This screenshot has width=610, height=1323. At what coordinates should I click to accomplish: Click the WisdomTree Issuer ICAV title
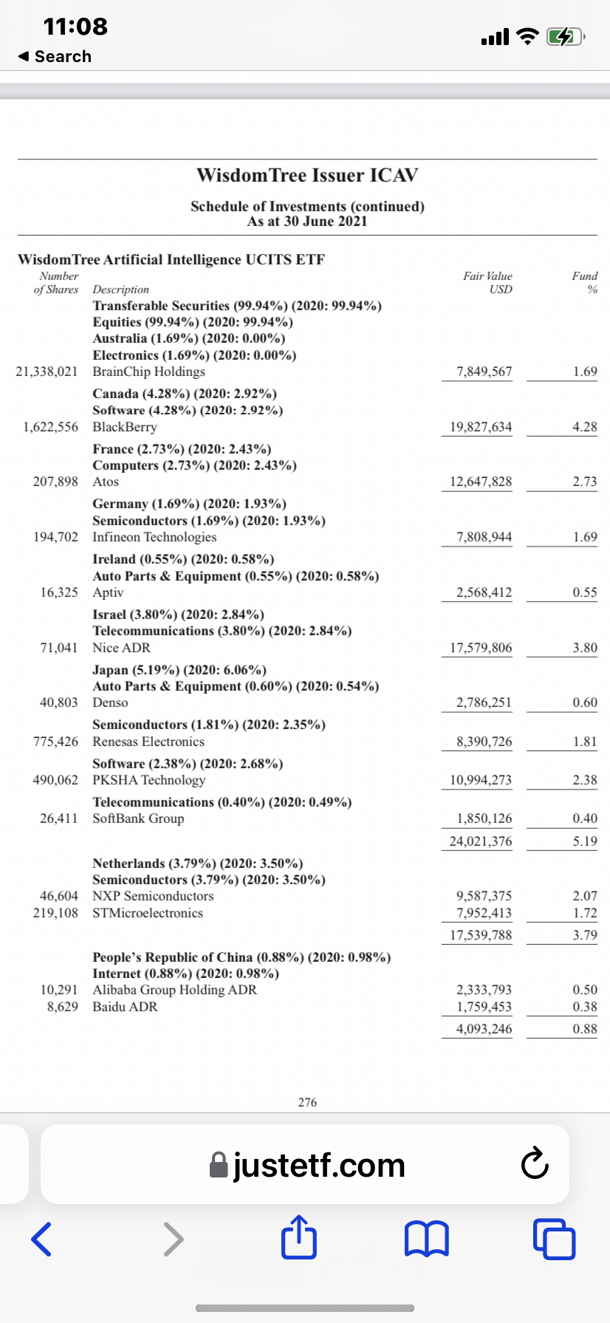[307, 175]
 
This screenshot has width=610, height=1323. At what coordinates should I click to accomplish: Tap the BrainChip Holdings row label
[148, 372]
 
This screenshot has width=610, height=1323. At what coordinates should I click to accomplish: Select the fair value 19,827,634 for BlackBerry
[481, 427]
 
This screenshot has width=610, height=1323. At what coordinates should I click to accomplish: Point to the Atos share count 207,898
[55, 482]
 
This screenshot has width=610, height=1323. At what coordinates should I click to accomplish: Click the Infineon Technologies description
[154, 537]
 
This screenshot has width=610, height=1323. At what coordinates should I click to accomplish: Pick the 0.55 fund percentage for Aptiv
[584, 592]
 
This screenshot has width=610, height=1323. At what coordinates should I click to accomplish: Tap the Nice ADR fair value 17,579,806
[481, 648]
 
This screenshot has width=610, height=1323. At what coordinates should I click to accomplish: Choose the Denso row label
[110, 702]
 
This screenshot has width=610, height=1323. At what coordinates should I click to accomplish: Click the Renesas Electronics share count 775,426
[55, 742]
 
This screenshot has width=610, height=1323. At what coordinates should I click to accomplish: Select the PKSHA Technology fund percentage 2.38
[584, 780]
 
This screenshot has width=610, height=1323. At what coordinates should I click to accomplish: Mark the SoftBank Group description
[138, 818]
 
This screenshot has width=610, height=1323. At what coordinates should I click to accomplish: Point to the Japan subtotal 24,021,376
[481, 841]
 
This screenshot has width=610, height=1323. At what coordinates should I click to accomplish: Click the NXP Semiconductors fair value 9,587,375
[484, 896]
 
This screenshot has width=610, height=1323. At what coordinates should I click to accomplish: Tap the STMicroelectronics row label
[148, 913]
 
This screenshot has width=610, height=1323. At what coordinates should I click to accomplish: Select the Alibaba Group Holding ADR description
[174, 990]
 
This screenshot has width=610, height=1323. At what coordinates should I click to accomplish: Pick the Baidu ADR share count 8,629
[62, 1007]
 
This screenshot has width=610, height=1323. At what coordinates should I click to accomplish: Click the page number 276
[307, 1102]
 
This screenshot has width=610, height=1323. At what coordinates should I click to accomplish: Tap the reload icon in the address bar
[534, 1165]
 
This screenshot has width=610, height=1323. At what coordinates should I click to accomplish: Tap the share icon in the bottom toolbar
[299, 1237]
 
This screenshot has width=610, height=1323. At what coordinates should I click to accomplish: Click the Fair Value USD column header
[488, 282]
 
